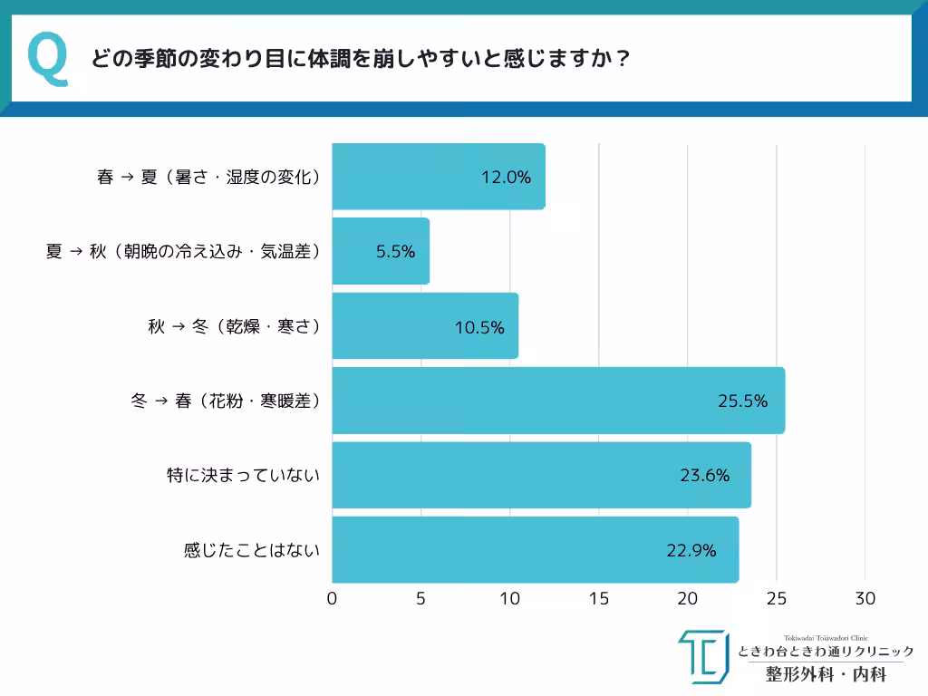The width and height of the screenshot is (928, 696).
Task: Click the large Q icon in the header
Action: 48,59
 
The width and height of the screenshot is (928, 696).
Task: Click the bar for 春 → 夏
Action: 438,177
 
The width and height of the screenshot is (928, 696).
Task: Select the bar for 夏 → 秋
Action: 381,251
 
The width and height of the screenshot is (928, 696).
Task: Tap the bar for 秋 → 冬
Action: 425,325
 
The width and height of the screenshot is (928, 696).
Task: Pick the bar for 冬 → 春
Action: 557,401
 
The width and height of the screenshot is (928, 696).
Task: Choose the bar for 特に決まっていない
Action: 541,475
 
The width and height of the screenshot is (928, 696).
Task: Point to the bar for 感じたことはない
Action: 535,549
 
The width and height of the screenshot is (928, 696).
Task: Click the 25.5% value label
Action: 742,401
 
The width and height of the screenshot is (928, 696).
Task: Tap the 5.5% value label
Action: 395,252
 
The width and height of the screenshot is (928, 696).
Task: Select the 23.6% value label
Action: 704,475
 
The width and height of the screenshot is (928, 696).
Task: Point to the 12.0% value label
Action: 506,178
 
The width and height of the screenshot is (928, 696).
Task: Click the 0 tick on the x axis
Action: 333,599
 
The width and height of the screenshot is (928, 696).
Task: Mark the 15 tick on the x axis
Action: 599,599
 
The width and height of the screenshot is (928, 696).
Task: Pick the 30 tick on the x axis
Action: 865,599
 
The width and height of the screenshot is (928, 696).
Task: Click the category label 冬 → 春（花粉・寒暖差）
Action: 226,401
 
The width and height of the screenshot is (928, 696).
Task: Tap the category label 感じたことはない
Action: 252,549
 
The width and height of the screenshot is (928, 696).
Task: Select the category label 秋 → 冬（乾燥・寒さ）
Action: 234,326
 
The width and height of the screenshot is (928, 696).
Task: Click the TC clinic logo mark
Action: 703,656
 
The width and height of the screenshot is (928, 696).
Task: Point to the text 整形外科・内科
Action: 825,674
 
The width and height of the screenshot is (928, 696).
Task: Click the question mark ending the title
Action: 623,59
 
